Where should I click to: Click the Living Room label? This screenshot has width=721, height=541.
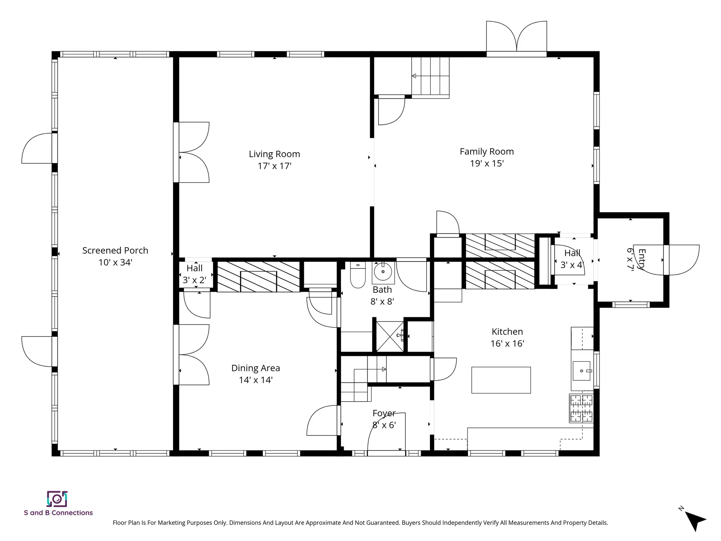point(274,154)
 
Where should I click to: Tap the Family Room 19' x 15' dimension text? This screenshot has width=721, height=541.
point(487,163)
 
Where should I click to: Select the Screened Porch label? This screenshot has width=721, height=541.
point(115,251)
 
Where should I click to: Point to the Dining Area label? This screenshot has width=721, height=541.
point(255,368)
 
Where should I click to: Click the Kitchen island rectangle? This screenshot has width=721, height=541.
point(501,380)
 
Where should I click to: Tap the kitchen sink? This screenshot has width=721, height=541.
point(582,371)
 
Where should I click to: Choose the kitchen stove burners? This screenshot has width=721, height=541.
point(582,408)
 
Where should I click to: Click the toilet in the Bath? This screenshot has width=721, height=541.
point(358,275)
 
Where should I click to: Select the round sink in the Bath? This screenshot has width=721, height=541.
point(383,272)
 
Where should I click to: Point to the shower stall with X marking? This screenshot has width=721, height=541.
point(390,336)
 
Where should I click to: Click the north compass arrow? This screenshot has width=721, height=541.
point(695,520)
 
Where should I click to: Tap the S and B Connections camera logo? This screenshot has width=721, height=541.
point(57,499)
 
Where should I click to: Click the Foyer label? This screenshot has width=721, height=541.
point(384,413)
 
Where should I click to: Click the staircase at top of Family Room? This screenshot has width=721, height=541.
point(430,76)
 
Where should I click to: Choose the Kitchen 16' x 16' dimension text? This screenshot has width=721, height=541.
point(507,344)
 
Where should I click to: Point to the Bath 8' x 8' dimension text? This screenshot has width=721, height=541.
point(382,302)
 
